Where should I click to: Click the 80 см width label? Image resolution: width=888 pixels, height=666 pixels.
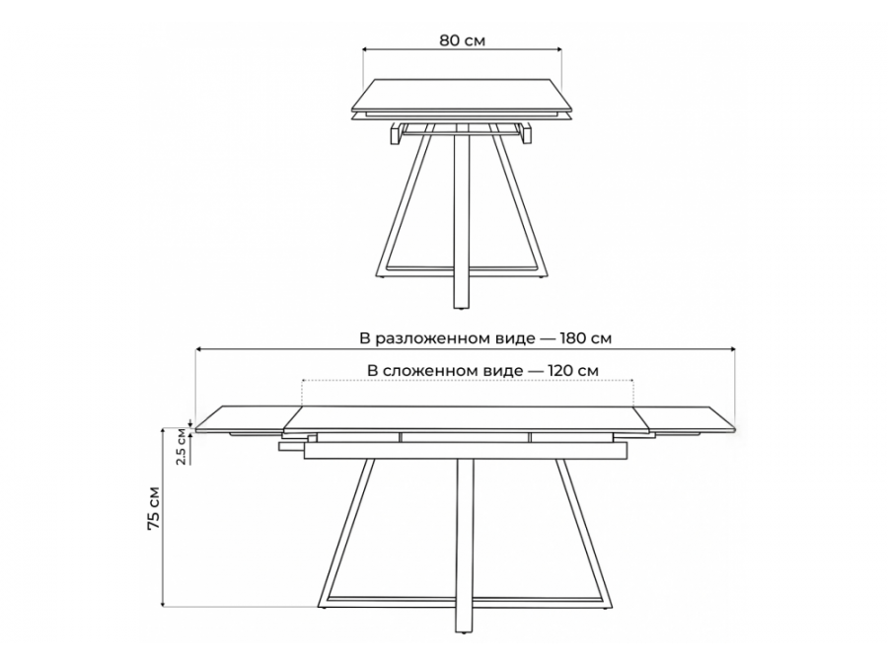pos(462,40)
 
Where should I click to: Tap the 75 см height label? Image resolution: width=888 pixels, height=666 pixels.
pos(154,508)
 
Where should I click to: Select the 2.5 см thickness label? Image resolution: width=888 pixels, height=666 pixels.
pos(181,447)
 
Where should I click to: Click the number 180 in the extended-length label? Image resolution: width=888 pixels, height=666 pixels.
pos(573,338)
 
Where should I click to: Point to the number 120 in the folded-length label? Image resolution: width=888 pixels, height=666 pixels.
pos(560,371)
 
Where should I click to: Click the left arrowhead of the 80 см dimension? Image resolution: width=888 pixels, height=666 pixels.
pos(366,49)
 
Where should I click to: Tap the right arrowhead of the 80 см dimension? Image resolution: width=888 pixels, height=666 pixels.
pos(557,49)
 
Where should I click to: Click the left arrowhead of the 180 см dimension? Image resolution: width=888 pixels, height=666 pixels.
pos(198,349)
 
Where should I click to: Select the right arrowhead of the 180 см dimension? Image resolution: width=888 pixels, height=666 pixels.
pos(731,349)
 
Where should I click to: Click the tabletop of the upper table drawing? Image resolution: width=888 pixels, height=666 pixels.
pos(462,94)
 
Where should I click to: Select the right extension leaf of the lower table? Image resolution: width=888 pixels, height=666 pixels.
pos(686,419)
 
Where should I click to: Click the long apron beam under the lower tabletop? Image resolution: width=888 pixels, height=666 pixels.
pos(466,451)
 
